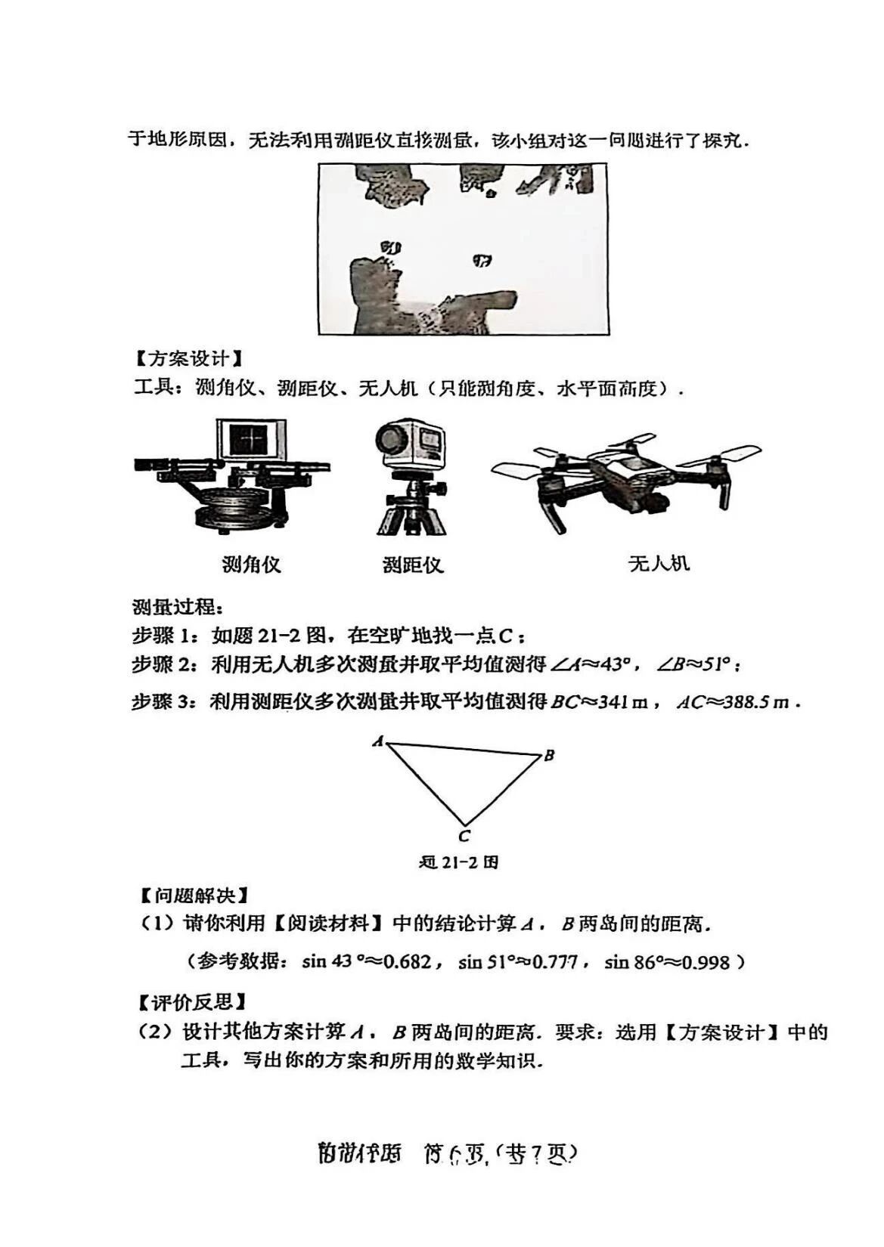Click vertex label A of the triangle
(378, 741)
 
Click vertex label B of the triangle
(550, 754)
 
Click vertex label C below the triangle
(464, 835)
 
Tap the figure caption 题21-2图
(459, 862)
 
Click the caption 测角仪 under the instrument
(251, 564)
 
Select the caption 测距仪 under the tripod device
(412, 565)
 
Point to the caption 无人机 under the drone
(659, 563)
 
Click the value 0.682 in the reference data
(407, 962)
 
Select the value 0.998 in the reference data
(706, 962)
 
